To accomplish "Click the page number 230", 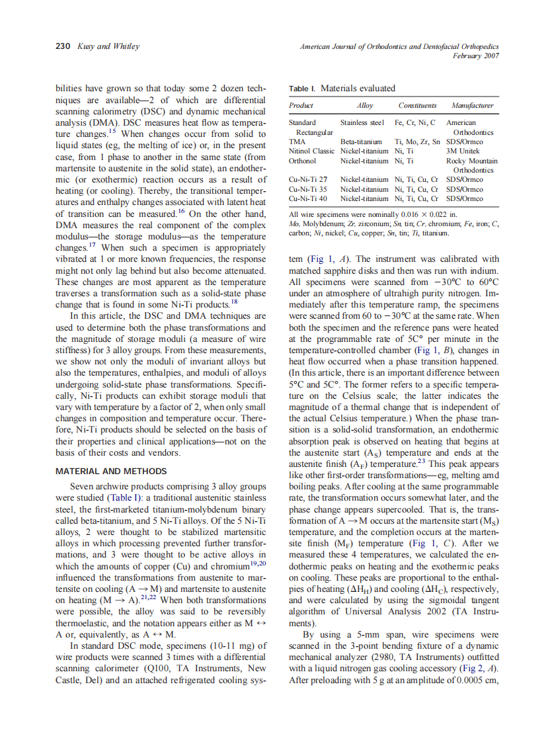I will [x=63, y=46].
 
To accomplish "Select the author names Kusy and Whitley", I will [x=108, y=46].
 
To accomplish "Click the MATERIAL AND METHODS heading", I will [x=111, y=472].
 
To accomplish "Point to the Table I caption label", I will [x=303, y=89].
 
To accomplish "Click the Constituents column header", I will [x=417, y=106].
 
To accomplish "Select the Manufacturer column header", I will [x=472, y=106].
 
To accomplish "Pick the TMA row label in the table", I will [x=297, y=142].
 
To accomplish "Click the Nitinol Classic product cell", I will [x=312, y=151].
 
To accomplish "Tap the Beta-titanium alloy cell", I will [x=361, y=142].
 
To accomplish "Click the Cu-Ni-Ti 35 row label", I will [x=308, y=189].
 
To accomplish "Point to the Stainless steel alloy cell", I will [x=362, y=122].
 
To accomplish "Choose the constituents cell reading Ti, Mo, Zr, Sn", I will [x=417, y=142].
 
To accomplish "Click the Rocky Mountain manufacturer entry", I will [x=472, y=161].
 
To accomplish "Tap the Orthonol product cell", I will [x=303, y=161].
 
